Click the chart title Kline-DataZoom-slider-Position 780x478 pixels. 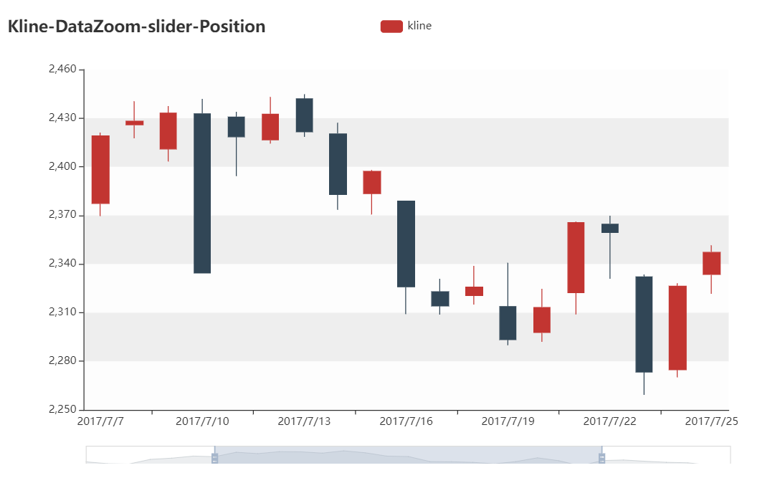(x=136, y=27)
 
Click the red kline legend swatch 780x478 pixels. (x=391, y=27)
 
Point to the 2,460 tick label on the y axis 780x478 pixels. (x=62, y=70)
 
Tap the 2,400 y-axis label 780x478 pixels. (x=62, y=166)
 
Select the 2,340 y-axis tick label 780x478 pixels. (x=62, y=264)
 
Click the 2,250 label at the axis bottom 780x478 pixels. (x=62, y=409)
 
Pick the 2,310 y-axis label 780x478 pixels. (x=62, y=312)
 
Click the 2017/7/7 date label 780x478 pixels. (x=100, y=421)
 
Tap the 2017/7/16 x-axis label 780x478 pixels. (x=406, y=421)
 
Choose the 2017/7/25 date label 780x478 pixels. (x=711, y=421)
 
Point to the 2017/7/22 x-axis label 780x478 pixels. (x=609, y=421)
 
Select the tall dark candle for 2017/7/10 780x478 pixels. (x=202, y=193)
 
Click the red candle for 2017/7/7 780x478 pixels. (x=100, y=170)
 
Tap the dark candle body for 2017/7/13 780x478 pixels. (x=304, y=115)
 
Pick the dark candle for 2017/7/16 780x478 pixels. (x=406, y=244)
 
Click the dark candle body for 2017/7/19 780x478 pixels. (x=508, y=323)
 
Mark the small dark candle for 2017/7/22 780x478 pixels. (x=610, y=229)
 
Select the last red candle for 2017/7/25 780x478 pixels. (x=711, y=263)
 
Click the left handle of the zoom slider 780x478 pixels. (x=214, y=458)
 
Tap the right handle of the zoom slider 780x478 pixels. (x=601, y=458)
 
